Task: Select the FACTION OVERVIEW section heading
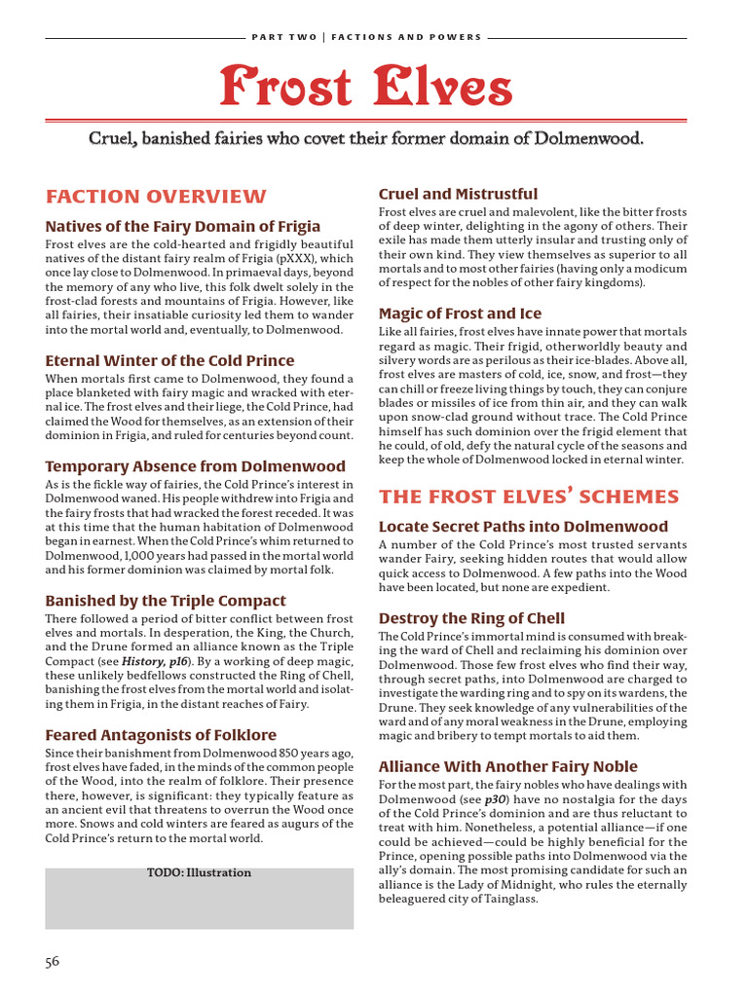click(155, 196)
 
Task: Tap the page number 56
click(52, 961)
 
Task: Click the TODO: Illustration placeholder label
click(199, 872)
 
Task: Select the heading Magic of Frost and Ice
click(459, 314)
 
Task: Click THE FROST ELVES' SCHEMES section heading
click(528, 497)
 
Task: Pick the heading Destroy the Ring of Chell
click(470, 618)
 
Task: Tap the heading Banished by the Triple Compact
click(166, 601)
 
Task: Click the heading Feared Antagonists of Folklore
click(161, 735)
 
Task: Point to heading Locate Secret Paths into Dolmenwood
click(523, 527)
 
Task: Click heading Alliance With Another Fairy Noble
click(507, 766)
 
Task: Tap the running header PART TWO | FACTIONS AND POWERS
click(366, 37)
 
